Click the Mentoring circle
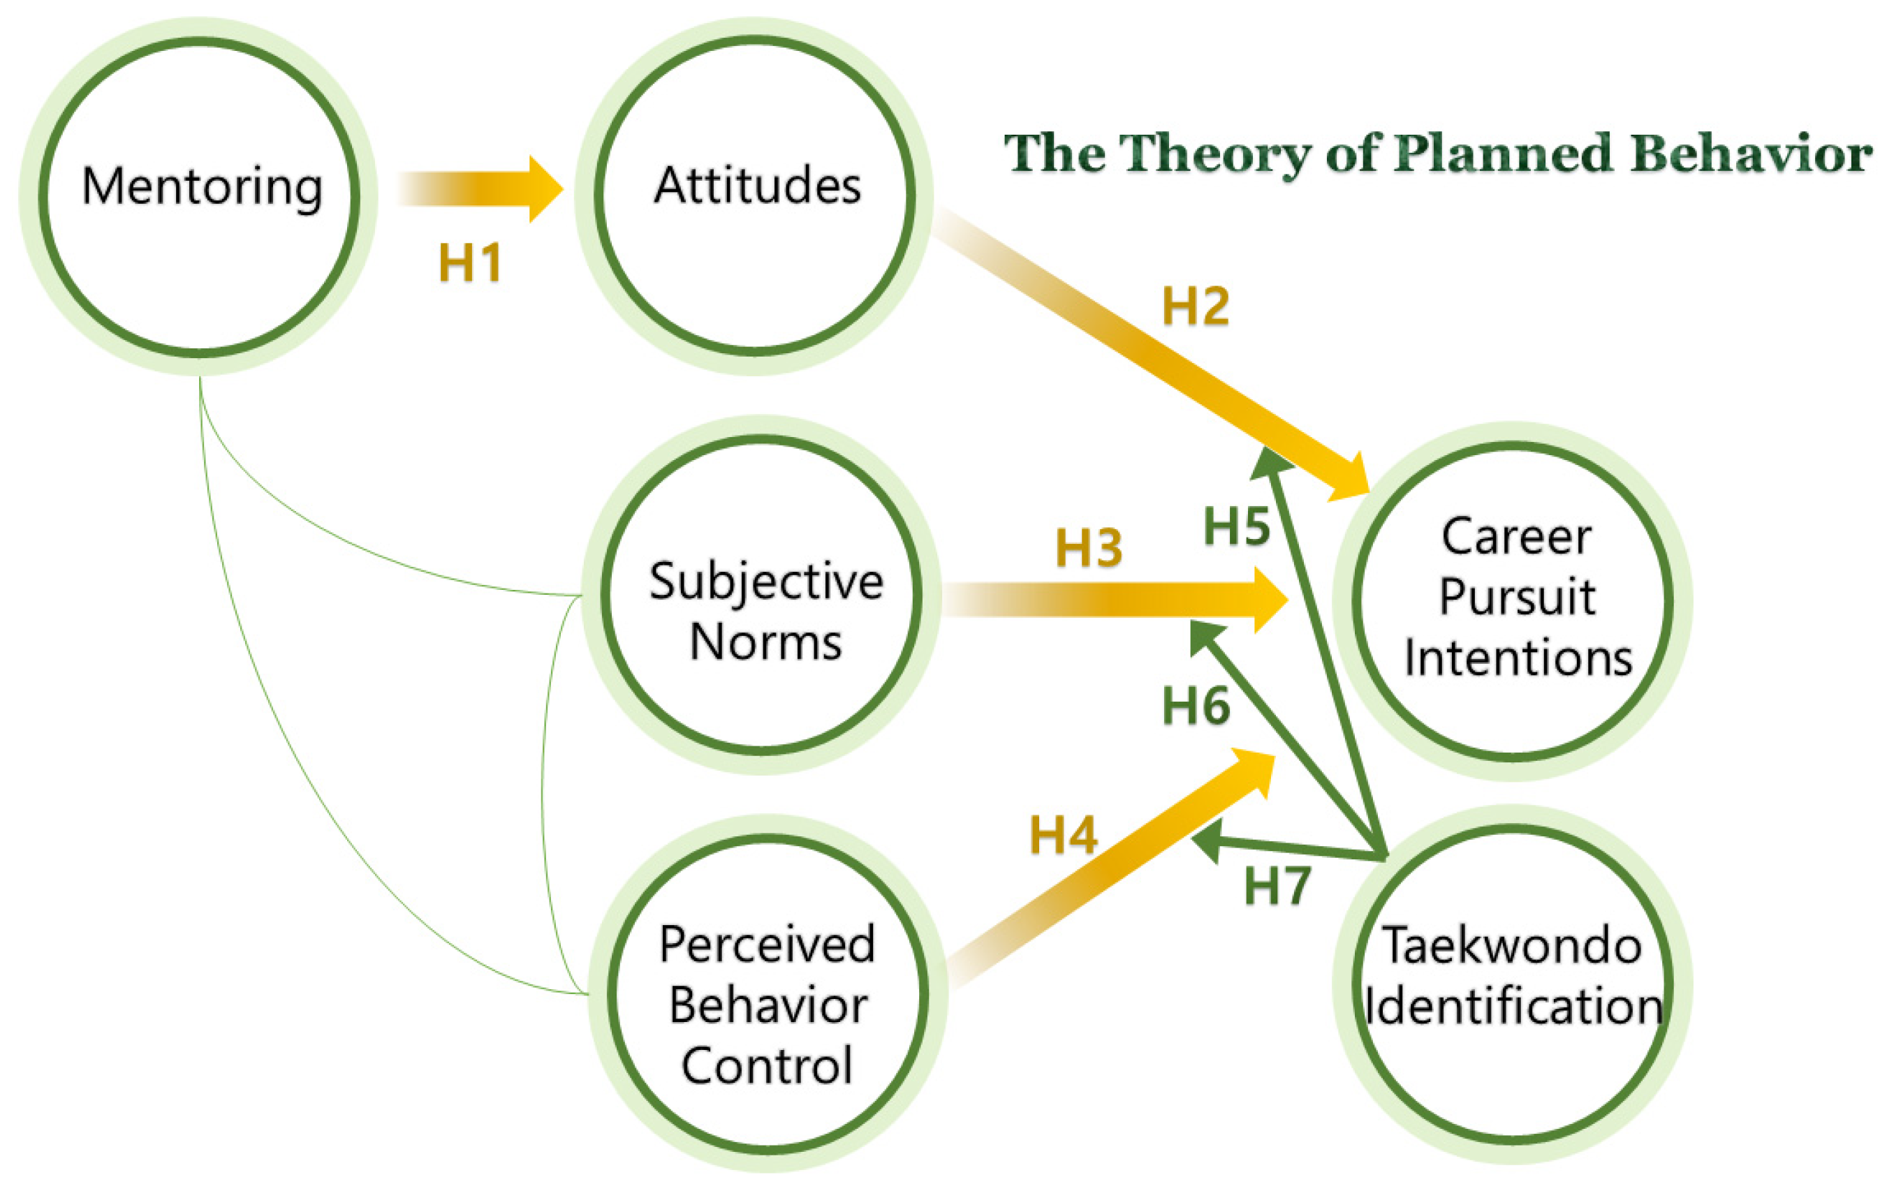(x=199, y=195)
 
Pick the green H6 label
(x=1196, y=705)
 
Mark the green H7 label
(x=1277, y=887)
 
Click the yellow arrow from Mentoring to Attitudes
(x=478, y=188)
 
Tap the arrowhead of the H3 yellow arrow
(x=1269, y=600)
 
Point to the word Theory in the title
(x=1215, y=155)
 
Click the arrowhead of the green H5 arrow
(x=1268, y=461)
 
